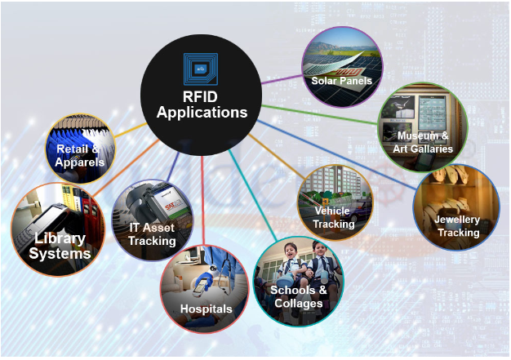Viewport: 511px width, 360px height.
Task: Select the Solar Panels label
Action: point(341,81)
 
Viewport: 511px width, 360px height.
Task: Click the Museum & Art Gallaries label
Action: point(422,141)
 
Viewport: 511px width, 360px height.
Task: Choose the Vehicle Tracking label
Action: point(334,217)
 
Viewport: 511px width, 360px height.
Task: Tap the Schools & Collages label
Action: point(298,296)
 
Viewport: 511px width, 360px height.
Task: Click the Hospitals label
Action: point(207,309)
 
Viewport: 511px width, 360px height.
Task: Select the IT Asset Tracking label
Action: point(153,233)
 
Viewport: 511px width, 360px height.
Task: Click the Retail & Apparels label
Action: point(80,155)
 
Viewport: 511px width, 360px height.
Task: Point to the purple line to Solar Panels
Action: point(282,76)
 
